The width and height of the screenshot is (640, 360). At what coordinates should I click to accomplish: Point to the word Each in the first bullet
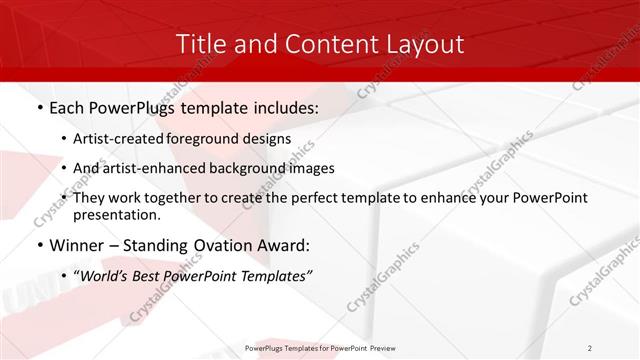point(67,105)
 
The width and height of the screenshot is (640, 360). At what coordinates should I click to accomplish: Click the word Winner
point(76,246)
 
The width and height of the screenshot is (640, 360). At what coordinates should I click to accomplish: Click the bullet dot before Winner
point(38,246)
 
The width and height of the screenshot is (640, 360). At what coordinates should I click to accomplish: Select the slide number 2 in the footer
point(589,347)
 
